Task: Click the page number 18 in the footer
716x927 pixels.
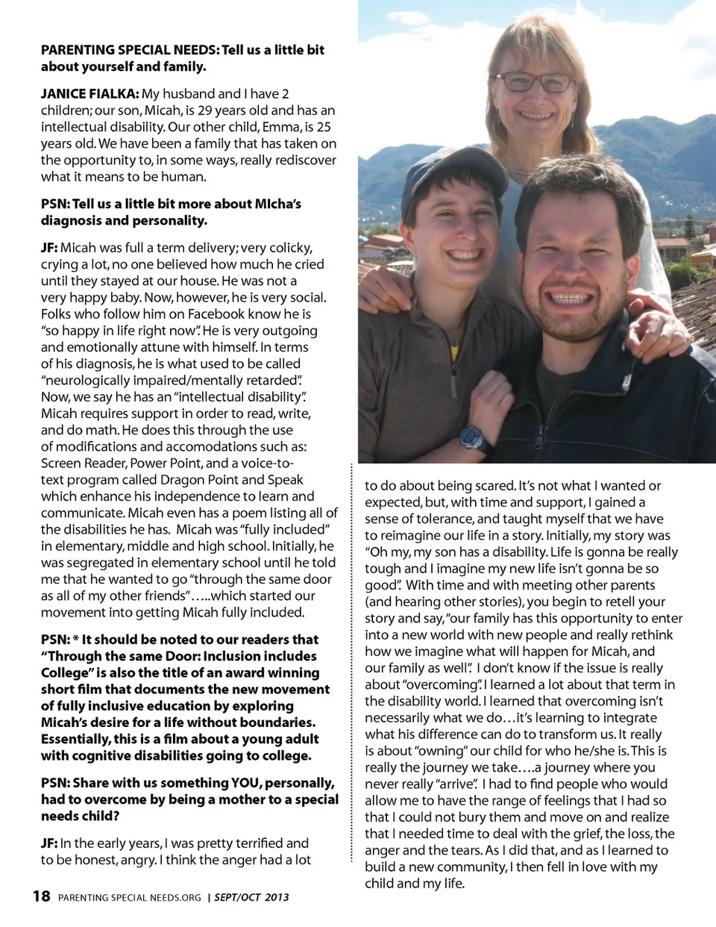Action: pyautogui.click(x=42, y=896)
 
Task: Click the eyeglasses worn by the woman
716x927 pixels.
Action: pyautogui.click(x=534, y=81)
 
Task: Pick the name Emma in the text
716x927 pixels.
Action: pyautogui.click(x=280, y=127)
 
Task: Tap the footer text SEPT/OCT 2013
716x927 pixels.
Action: pyautogui.click(x=251, y=897)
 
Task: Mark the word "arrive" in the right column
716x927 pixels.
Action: pyautogui.click(x=456, y=784)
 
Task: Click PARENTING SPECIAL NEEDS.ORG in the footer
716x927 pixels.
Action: pyautogui.click(x=130, y=897)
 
